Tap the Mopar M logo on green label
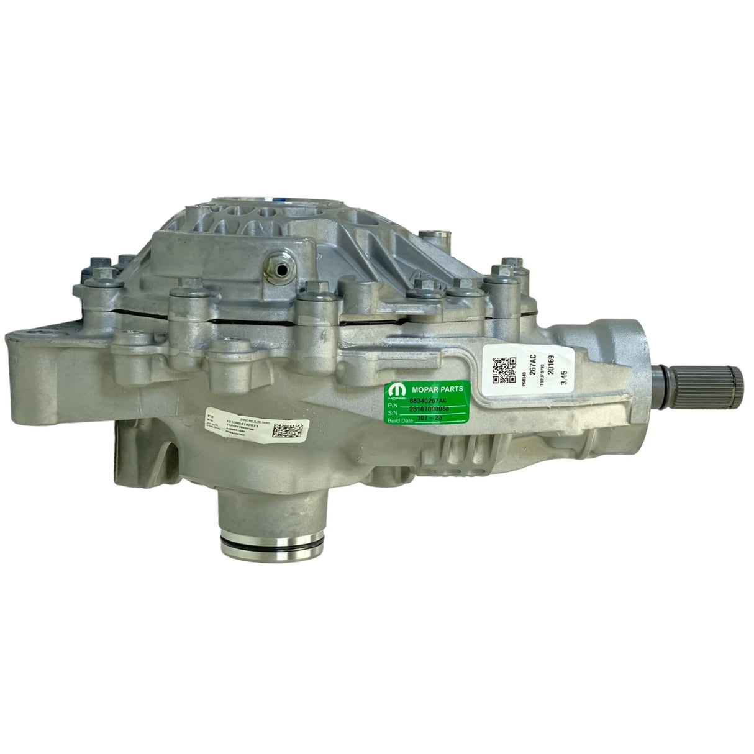(396, 388)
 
